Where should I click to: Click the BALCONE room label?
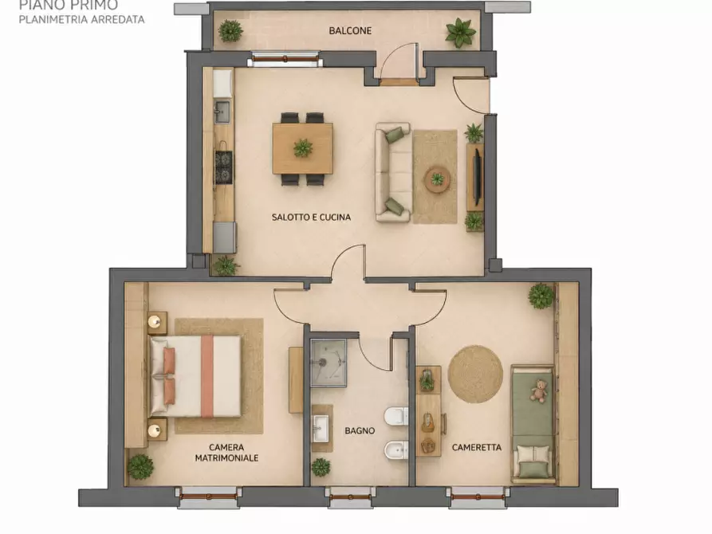[x=350, y=31]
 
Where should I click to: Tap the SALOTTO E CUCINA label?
[x=311, y=217]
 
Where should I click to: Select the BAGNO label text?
[x=360, y=430]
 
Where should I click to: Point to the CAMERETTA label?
[x=476, y=447]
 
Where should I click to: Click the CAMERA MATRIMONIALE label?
[x=226, y=453]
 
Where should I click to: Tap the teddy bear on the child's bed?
[x=539, y=391]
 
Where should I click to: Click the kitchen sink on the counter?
[x=222, y=112]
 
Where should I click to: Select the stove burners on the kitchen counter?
[x=223, y=167]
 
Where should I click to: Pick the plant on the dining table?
[x=303, y=148]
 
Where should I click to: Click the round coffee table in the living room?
[x=437, y=179]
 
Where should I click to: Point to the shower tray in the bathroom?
[x=328, y=363]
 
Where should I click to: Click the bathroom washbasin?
[x=322, y=428]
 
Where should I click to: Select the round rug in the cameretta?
[x=475, y=374]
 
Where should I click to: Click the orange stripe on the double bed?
[x=207, y=376]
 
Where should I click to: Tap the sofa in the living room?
[x=393, y=172]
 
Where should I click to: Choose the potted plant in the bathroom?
[x=321, y=467]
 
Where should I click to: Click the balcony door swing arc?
[x=390, y=53]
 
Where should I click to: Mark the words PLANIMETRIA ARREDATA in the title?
[x=82, y=19]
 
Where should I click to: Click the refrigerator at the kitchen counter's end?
[x=224, y=237]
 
